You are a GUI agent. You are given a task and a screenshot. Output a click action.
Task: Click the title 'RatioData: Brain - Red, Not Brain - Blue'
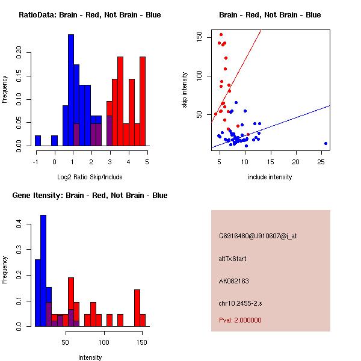pyautogui.click(x=90, y=15)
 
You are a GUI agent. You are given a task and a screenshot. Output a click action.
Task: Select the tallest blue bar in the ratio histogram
pyautogui.click(x=71, y=90)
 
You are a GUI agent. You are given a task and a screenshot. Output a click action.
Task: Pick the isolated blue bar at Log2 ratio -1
pyautogui.click(x=38, y=140)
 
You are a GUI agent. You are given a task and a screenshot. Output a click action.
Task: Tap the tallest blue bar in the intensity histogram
pyautogui.click(x=43, y=271)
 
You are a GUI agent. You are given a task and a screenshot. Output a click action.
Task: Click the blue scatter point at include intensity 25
pyautogui.click(x=326, y=143)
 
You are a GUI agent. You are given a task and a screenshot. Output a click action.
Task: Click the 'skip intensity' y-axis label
pyautogui.click(x=185, y=90)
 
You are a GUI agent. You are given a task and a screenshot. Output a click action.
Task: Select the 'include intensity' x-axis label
pyautogui.click(x=270, y=177)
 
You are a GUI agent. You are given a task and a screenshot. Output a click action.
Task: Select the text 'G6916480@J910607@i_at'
pyautogui.click(x=258, y=236)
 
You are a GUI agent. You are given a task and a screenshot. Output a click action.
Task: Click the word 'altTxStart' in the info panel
pyautogui.click(x=233, y=259)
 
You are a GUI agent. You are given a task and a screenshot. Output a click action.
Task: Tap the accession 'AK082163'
pyautogui.click(x=234, y=281)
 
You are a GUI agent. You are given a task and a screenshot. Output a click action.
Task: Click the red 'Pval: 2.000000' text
pyautogui.click(x=240, y=320)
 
